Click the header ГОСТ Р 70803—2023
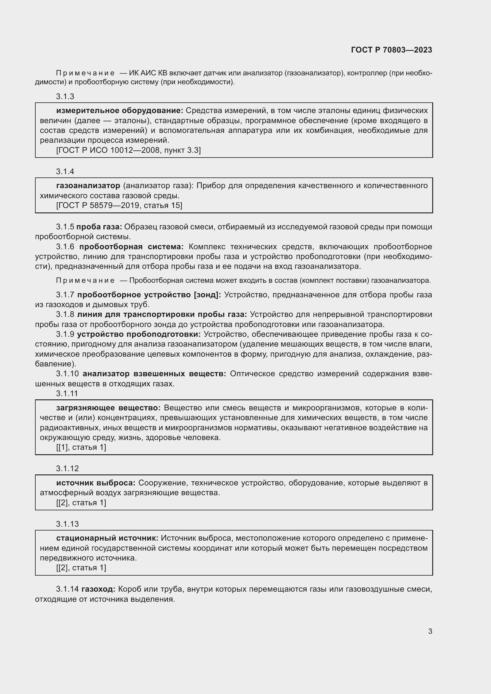[x=392, y=50]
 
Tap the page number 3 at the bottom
[x=430, y=631]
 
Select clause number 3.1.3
[x=65, y=96]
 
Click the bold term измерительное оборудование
[x=120, y=110]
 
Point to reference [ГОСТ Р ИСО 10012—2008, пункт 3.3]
[x=128, y=150]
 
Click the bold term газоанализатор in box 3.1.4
[x=88, y=185]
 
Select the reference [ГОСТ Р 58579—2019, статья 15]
[x=119, y=206]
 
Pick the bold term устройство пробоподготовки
[x=139, y=334]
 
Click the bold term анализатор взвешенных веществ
[x=154, y=374]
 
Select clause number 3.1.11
[x=67, y=393]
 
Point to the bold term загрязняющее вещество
[x=108, y=408]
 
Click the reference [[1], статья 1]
[x=81, y=447]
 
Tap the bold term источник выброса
[x=96, y=483]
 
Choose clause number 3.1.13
[x=67, y=524]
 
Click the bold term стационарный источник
[x=107, y=538]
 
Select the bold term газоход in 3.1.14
[x=98, y=589]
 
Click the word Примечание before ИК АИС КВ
[x=85, y=73]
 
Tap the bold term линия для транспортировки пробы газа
[x=162, y=314]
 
